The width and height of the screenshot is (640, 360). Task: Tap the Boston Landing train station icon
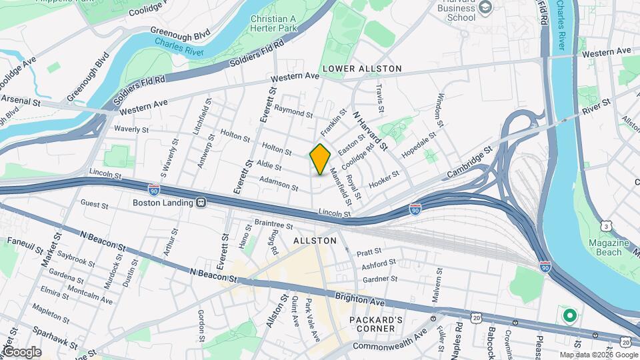click(x=200, y=202)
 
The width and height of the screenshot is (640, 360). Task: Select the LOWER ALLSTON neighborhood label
click(x=362, y=69)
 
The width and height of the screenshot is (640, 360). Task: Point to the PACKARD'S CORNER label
click(x=376, y=325)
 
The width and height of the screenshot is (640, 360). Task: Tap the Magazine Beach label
click(x=605, y=247)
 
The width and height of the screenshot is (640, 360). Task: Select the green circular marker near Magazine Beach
click(x=569, y=315)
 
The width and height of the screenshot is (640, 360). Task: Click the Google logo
click(x=21, y=351)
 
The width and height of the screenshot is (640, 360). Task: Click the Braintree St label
click(x=274, y=225)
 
